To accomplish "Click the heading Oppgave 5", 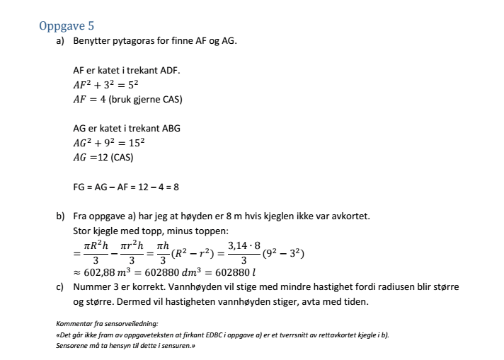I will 67,27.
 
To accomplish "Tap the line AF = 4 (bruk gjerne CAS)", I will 127,99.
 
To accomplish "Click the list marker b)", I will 61,215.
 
